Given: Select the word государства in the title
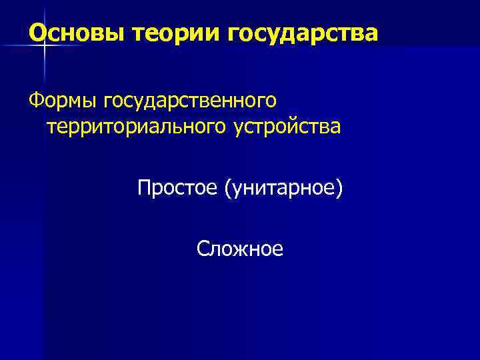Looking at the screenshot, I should coord(303,31).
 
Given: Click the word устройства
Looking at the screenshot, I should coord(287,125).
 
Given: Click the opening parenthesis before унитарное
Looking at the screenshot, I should coord(228,189).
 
